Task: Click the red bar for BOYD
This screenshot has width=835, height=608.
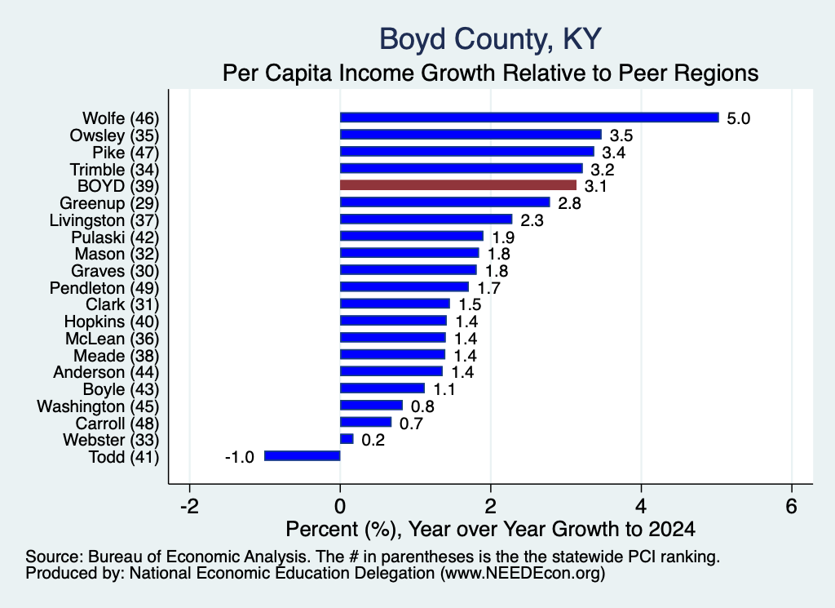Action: [458, 185]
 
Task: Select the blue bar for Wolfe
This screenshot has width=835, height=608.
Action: [529, 118]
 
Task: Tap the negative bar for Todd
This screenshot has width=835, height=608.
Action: [302, 456]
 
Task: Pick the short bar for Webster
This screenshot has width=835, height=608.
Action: [347, 439]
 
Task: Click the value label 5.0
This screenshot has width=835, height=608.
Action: [739, 118]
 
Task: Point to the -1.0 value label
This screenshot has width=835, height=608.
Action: [240, 457]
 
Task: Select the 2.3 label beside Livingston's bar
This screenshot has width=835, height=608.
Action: [532, 220]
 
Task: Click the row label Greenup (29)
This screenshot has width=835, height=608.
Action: [109, 203]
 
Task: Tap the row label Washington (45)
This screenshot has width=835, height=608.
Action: [98, 406]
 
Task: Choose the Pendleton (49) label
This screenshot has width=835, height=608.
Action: [104, 288]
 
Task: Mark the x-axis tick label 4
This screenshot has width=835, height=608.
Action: [641, 506]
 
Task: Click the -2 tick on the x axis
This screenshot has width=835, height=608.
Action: [189, 506]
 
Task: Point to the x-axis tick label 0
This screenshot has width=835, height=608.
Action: [340, 506]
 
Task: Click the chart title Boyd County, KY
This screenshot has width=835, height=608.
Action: [490, 39]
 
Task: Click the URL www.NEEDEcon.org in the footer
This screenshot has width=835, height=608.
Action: [523, 574]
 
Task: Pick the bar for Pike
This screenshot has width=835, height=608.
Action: [467, 151]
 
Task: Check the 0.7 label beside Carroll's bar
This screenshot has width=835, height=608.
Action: [411, 424]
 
